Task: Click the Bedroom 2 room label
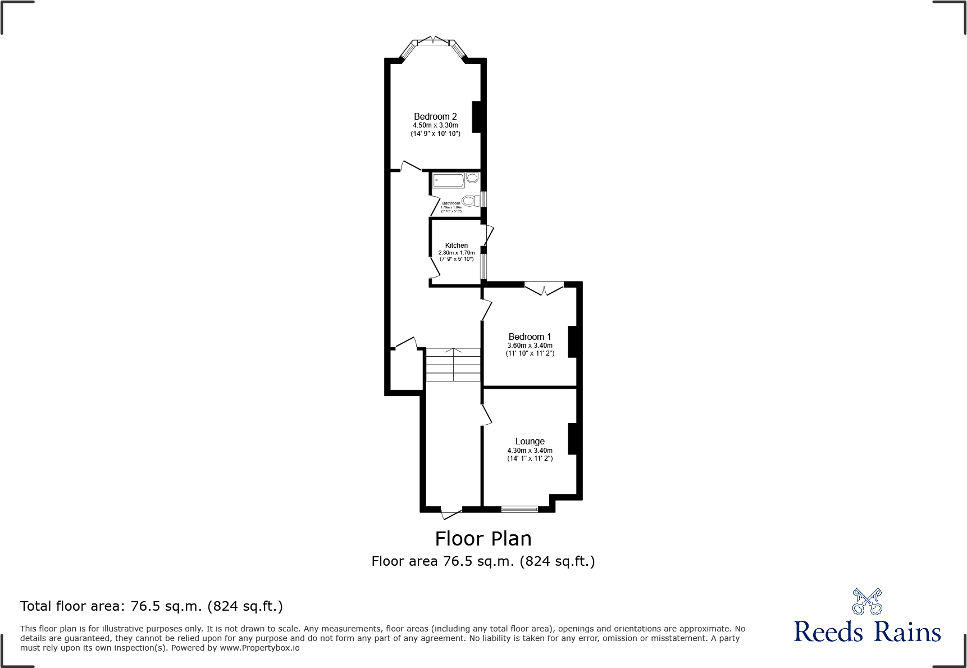(x=435, y=117)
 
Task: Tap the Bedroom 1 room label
(x=530, y=337)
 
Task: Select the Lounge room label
(x=530, y=442)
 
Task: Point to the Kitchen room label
(x=456, y=246)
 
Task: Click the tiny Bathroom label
(x=451, y=203)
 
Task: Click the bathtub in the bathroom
(x=449, y=180)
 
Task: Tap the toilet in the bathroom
(x=471, y=200)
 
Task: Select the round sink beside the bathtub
(x=472, y=178)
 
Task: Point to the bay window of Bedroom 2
(x=433, y=43)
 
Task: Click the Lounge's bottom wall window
(x=519, y=510)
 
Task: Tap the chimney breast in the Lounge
(x=573, y=439)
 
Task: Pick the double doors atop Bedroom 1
(x=544, y=288)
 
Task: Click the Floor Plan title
(x=483, y=539)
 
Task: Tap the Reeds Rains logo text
(x=867, y=632)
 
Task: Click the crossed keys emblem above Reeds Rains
(x=867, y=602)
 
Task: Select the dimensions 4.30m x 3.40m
(x=530, y=451)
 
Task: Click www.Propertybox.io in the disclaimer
(x=259, y=648)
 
